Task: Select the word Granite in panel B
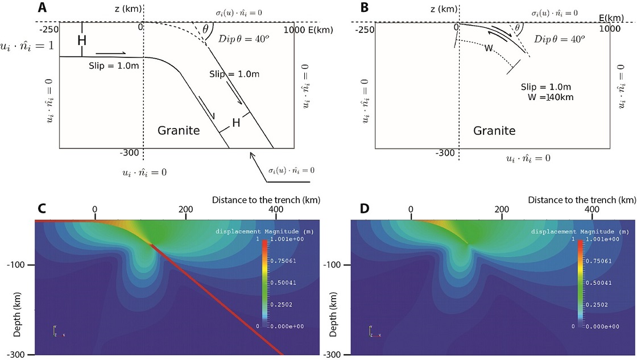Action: tap(494, 131)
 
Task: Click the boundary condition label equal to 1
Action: tap(27, 45)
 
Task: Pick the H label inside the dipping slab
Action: tap(235, 122)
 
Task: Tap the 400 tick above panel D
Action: tap(592, 209)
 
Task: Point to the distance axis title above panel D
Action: tap(581, 200)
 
